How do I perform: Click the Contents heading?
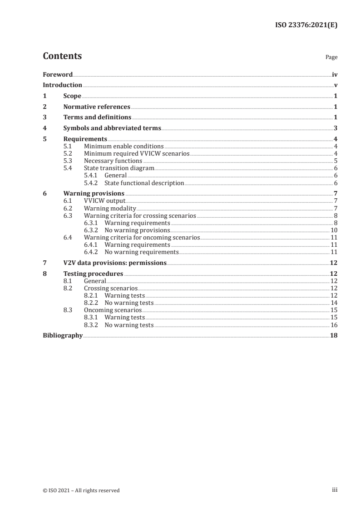coord(62,56)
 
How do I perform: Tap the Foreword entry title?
coord(58,74)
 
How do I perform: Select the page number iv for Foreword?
coord(335,74)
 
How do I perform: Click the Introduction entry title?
coord(63,85)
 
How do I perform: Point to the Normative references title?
coord(97,107)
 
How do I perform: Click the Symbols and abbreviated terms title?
coord(112,128)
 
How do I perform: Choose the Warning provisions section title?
coord(94,193)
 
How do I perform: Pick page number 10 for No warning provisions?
coord(334,230)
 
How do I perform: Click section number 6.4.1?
coord(92,245)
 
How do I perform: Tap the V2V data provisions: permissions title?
coord(115,263)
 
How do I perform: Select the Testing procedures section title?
coord(93,274)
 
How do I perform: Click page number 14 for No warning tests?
coord(334,303)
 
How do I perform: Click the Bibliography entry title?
coord(63,336)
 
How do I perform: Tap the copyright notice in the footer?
coord(81,490)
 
